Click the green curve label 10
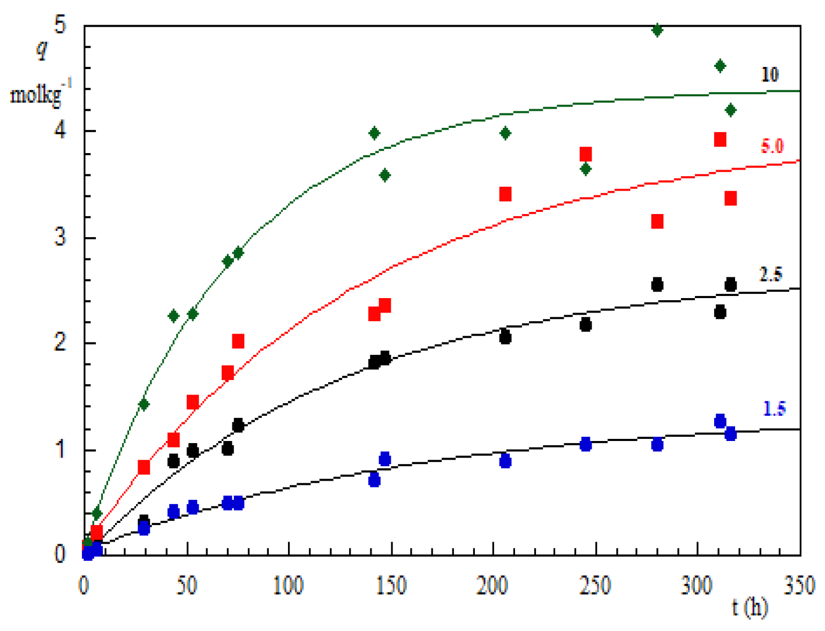point(770,74)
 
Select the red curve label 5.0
point(772,146)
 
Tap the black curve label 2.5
point(770,274)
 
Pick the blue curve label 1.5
point(774,409)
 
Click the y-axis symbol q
point(42,50)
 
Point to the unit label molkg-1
point(41,94)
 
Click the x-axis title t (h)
point(750,607)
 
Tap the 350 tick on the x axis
point(800,586)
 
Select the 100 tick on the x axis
point(289,586)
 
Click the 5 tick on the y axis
point(60,25)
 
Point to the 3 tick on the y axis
point(60,237)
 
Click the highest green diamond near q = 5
point(657,30)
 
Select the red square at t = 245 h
point(586,155)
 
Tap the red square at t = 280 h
point(657,222)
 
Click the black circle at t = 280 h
point(657,285)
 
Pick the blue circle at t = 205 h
point(505,461)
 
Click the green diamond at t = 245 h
point(586,169)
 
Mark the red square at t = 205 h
point(505,194)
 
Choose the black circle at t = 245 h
point(586,325)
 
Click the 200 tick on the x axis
point(492,586)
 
